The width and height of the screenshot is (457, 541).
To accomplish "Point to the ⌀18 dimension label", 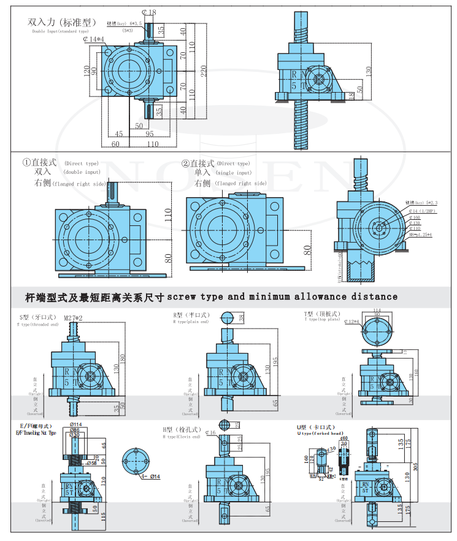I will pyautogui.click(x=148, y=12).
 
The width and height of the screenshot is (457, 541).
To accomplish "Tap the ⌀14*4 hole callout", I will pyautogui.click(x=94, y=40).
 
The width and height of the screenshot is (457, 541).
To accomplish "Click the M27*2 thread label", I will pyautogui.click(x=73, y=318).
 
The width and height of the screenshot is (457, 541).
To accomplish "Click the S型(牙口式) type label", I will pyautogui.click(x=36, y=317).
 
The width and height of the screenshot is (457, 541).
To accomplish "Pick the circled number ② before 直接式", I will pyautogui.click(x=185, y=163).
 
